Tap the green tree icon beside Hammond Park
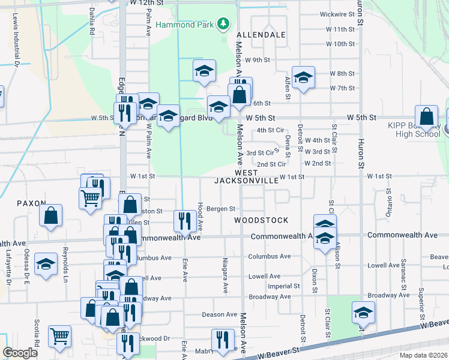(x=223, y=24)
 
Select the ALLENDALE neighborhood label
(x=261, y=35)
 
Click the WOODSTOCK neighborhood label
(x=261, y=220)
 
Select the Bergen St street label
(x=220, y=209)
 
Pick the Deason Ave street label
(x=220, y=314)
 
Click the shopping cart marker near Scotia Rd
(x=59, y=336)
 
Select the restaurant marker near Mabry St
(x=223, y=339)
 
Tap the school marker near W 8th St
(x=303, y=77)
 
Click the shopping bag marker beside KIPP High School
(x=426, y=117)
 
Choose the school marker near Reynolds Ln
(x=45, y=264)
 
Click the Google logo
(x=20, y=353)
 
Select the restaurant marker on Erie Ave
(x=183, y=221)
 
